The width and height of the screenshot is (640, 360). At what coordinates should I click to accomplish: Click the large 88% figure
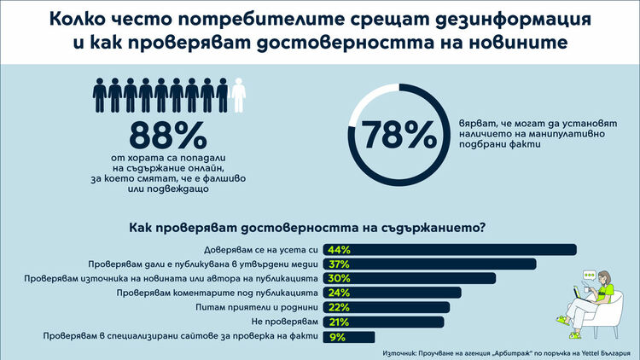(x=167, y=136)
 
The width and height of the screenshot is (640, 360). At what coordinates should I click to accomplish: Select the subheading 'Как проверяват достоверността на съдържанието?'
(x=307, y=228)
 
